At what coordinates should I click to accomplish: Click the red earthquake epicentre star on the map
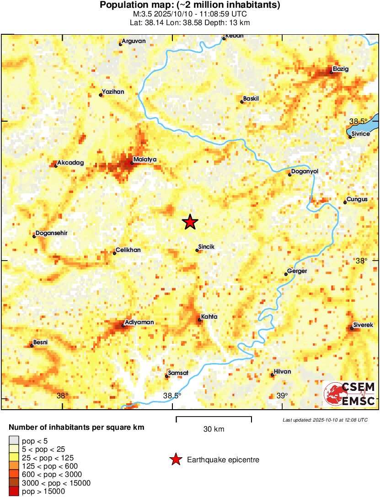(x=190, y=222)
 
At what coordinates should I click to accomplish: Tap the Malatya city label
(x=146, y=159)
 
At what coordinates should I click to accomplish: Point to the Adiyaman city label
(x=140, y=322)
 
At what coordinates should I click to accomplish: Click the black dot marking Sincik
(x=197, y=250)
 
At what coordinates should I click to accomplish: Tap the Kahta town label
(x=209, y=317)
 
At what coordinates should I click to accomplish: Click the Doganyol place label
(x=305, y=171)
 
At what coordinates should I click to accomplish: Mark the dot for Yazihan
(x=101, y=95)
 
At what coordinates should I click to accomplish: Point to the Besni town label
(x=41, y=342)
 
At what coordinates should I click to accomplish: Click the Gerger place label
(x=297, y=271)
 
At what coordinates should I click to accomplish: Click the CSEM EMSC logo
(x=349, y=394)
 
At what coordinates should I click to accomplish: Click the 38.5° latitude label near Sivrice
(x=358, y=121)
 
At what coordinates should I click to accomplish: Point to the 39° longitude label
(x=282, y=395)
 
